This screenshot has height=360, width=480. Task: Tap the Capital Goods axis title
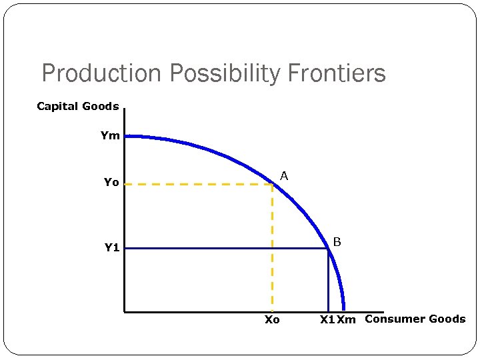pos(78,106)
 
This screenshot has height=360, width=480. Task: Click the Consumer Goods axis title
pos(415,319)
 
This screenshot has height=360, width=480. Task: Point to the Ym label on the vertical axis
pos(110,135)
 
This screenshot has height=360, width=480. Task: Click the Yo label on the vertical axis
pos(111,182)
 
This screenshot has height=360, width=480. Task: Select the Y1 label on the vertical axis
pos(111,248)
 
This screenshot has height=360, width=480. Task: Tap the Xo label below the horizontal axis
pos(272,320)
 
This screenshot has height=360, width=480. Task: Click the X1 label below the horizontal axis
pos(327,320)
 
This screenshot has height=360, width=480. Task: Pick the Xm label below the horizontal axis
pos(346,320)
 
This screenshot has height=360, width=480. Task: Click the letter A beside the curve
pos(284,176)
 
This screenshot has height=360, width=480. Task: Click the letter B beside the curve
pos(337,241)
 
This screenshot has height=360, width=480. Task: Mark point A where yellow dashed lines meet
pos(273,184)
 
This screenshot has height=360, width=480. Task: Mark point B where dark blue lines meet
pos(328,249)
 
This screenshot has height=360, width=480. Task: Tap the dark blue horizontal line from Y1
pos(227,249)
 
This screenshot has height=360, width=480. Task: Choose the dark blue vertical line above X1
pos(328,280)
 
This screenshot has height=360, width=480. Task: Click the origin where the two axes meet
pos(125,311)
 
